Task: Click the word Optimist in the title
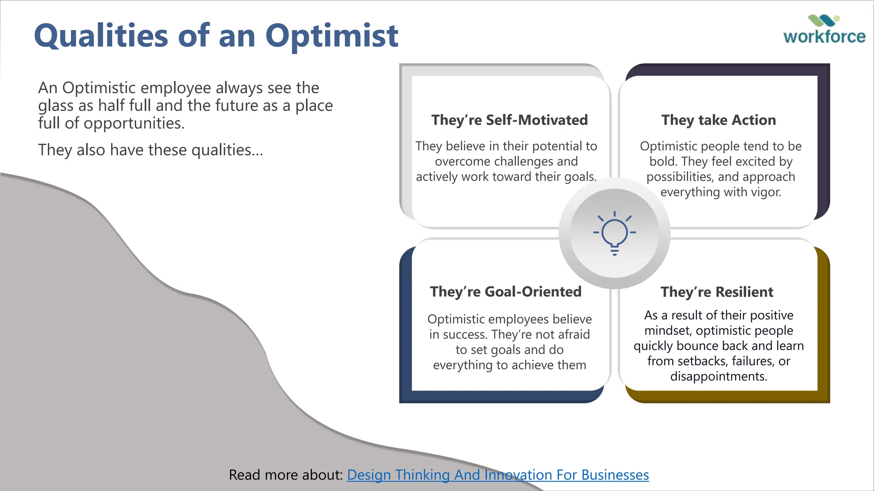332,36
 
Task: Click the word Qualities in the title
101,36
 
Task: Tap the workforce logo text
824,37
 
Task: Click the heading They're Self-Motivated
509,120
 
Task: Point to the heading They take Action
719,120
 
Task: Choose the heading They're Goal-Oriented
506,292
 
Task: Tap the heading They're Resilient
717,292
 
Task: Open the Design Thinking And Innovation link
498,475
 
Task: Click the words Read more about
286,475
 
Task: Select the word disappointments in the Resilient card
718,376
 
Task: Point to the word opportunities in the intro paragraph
134,124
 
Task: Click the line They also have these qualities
150,150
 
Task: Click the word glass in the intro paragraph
55,106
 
